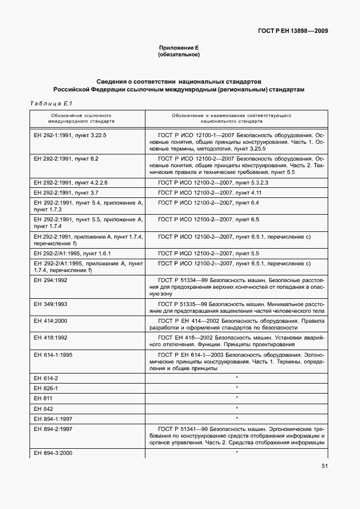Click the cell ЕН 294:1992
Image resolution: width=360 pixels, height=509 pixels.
51,280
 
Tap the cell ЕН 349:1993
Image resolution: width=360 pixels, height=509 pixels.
51,304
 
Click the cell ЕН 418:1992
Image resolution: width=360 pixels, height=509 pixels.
51,338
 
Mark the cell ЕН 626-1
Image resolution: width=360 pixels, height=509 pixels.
46,387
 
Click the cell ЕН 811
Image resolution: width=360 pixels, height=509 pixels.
42,397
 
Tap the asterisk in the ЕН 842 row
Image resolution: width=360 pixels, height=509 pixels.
237,408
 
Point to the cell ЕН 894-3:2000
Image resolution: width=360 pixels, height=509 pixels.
53,453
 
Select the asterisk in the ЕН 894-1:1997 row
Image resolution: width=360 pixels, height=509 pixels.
237,418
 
